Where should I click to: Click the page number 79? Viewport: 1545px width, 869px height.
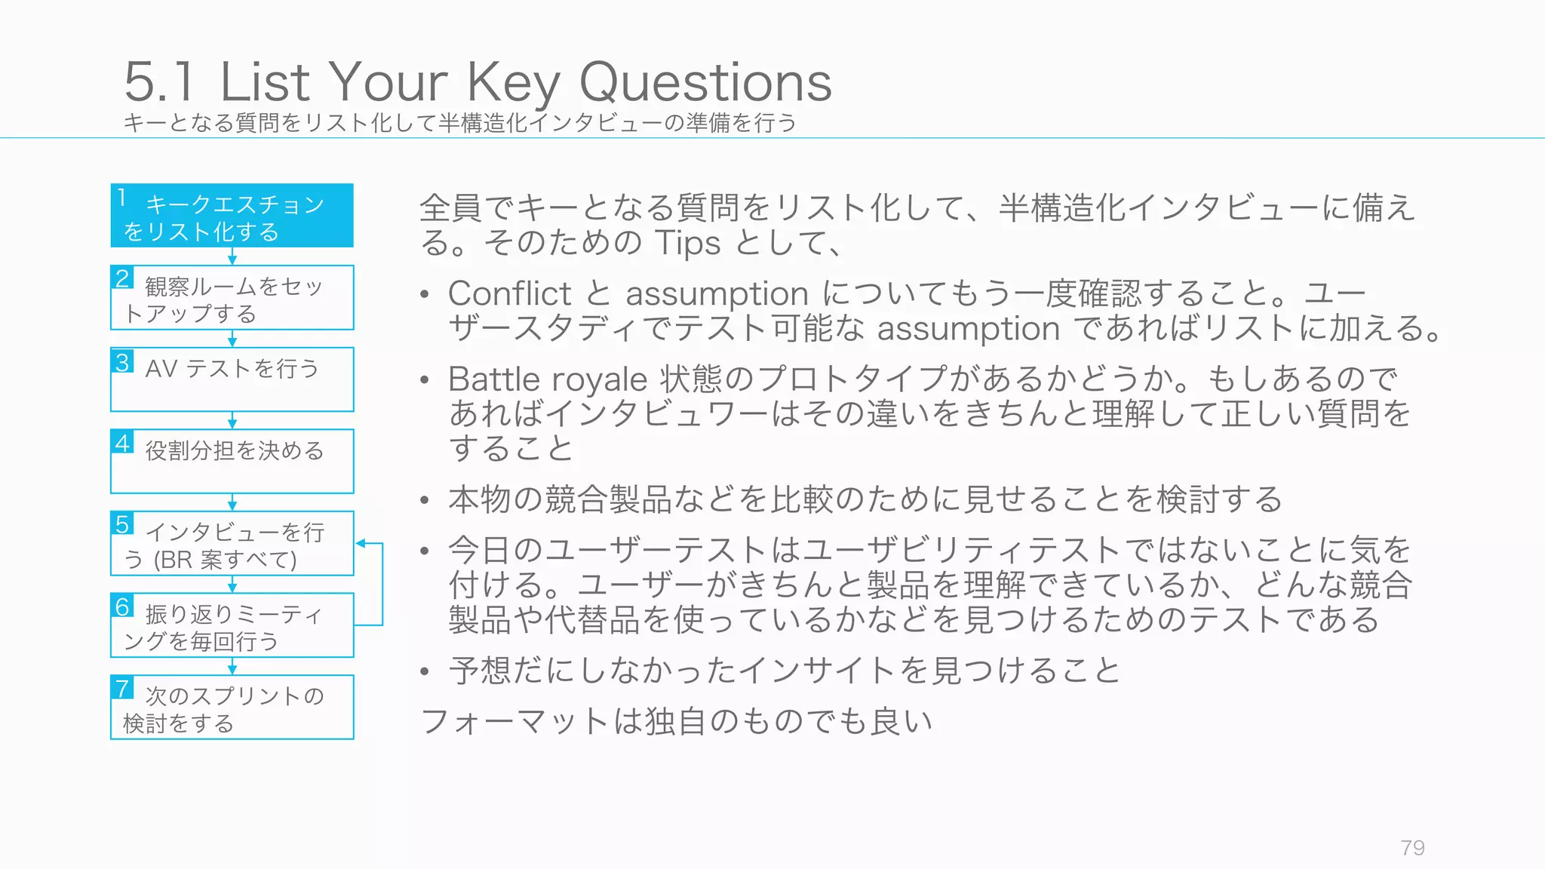(x=1412, y=848)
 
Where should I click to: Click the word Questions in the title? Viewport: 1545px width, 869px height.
(x=705, y=82)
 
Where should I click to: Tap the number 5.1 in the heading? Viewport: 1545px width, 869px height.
(x=159, y=82)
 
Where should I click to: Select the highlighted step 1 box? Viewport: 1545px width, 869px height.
(x=232, y=216)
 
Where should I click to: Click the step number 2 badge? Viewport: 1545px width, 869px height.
(x=122, y=278)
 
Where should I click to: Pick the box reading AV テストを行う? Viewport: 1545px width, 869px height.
(x=232, y=379)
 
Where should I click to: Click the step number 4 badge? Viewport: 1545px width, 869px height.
(x=122, y=442)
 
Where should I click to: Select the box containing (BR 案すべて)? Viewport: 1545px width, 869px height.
(x=232, y=544)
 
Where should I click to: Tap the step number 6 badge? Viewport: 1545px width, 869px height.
(x=122, y=606)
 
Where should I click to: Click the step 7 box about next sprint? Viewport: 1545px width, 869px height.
(x=232, y=708)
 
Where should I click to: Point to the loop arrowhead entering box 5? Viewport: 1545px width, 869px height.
(x=361, y=543)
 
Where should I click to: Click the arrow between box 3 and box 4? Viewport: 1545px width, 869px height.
(x=232, y=421)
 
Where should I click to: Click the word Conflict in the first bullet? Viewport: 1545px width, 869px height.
(x=509, y=293)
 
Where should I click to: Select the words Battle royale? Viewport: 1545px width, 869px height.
(x=547, y=379)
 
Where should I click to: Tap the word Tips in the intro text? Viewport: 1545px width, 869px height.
(x=687, y=243)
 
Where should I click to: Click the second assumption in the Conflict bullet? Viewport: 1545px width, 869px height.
(x=968, y=329)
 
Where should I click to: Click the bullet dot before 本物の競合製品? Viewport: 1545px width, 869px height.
(x=425, y=501)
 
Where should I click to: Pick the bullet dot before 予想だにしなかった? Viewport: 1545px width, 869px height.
(x=425, y=671)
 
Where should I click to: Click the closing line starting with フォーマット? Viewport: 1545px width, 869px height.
(x=676, y=721)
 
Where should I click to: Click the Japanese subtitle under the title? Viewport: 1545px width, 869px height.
(x=459, y=123)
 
